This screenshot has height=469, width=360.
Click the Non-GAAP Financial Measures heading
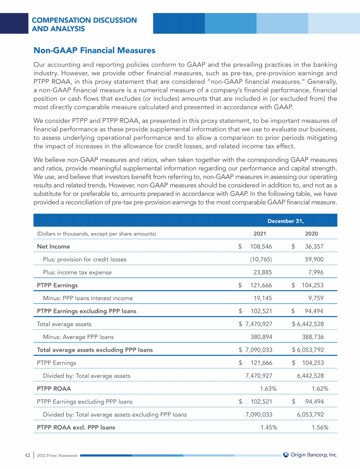click(94, 50)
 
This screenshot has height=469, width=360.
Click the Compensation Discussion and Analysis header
click(84, 24)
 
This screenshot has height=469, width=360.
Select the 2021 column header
click(260, 234)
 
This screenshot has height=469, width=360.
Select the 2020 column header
click(312, 234)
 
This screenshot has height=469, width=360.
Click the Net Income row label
click(53, 246)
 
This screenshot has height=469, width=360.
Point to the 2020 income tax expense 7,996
click(314, 272)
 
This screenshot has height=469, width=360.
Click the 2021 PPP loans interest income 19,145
click(262, 298)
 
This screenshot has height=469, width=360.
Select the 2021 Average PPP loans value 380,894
click(261, 337)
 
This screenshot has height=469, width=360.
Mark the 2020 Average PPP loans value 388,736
click(312, 337)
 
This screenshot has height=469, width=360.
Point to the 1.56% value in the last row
click(320, 427)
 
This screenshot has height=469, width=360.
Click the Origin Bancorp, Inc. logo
click(310, 454)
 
